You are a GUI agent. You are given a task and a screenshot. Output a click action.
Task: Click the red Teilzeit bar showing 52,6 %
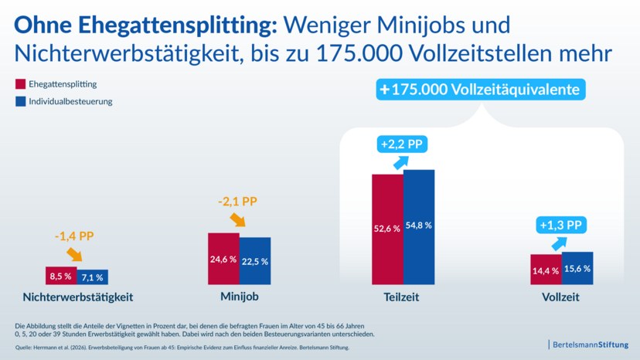387,229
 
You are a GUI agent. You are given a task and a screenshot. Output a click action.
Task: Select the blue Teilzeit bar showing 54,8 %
419,226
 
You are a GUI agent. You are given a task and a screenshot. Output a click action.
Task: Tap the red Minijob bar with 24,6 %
223,258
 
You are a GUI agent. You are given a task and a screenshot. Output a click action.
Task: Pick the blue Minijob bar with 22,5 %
255,260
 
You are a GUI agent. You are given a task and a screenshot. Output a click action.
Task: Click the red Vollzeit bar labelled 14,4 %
546,269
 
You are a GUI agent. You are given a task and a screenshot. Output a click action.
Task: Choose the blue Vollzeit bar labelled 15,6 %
577,267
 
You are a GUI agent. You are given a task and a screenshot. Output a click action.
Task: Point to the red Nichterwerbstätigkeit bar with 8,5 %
61,275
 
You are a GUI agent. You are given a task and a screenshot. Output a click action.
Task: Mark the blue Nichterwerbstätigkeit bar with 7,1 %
93,277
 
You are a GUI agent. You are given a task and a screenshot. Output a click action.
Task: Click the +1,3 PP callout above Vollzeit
560,225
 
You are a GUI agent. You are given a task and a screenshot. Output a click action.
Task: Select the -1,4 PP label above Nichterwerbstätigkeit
73,236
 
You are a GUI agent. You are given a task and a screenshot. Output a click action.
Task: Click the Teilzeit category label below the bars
402,297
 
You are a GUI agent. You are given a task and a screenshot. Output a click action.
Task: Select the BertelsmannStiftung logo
589,343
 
